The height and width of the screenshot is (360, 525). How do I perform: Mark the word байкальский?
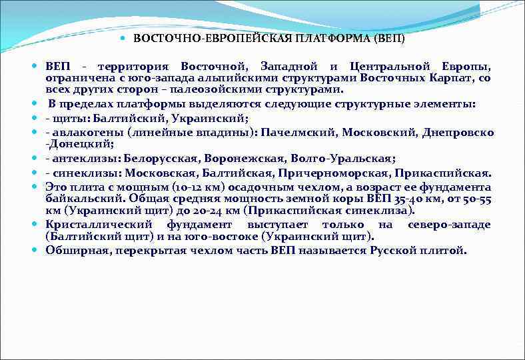[82, 199]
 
